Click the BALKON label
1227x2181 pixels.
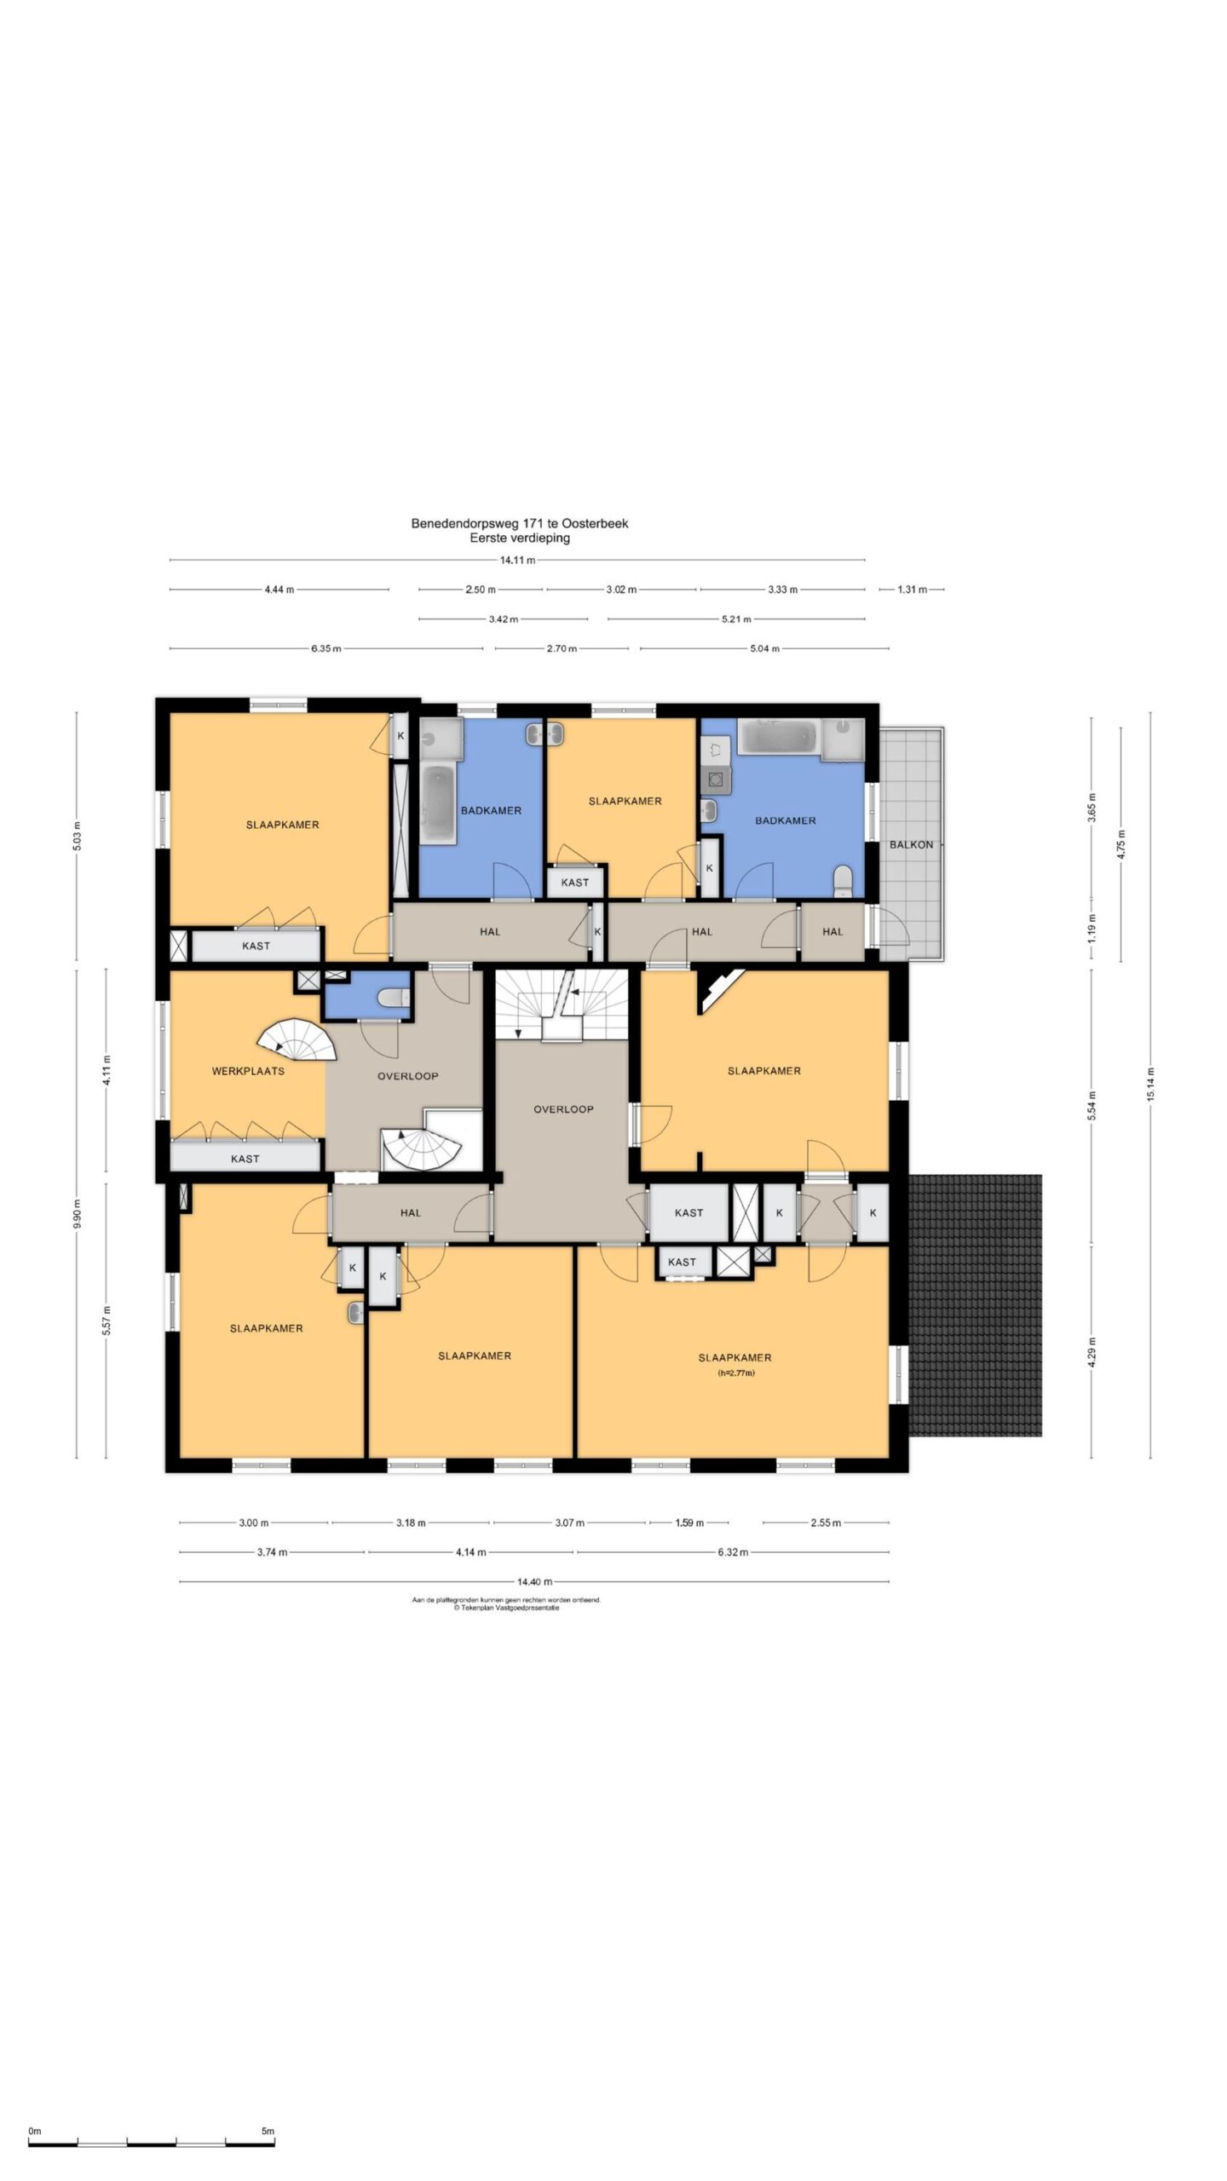[911, 845]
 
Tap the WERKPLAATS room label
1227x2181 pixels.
[248, 1071]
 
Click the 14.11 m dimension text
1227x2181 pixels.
[517, 561]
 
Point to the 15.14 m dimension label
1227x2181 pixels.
[1150, 1084]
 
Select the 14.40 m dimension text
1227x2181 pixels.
[534, 1582]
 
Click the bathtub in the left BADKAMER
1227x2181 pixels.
[440, 803]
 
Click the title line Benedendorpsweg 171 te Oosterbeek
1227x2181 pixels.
[520, 524]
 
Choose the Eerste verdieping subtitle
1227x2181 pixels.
[520, 538]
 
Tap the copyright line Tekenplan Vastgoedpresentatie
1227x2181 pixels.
[506, 1608]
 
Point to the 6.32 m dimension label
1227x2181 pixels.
[733, 1552]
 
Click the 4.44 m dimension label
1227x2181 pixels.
[279, 590]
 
